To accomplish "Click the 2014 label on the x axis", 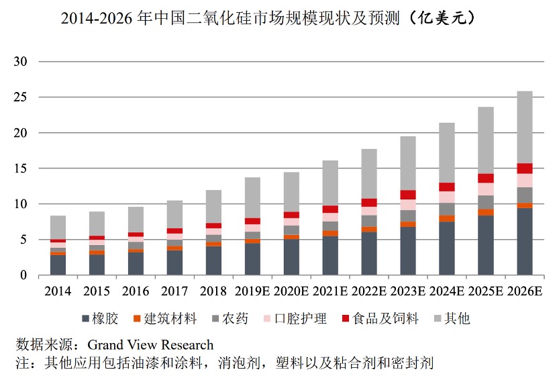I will tap(58, 292).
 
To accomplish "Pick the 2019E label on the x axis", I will tap(252, 292).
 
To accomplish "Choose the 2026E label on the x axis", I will tap(525, 292).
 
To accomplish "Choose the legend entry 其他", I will tap(456, 318).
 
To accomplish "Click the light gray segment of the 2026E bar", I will tap(525, 128).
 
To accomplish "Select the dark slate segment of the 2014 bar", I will tap(58, 265).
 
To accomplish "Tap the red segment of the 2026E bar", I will tap(525, 169).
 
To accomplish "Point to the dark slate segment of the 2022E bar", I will tap(369, 254).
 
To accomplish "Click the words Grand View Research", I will tap(150, 346).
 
